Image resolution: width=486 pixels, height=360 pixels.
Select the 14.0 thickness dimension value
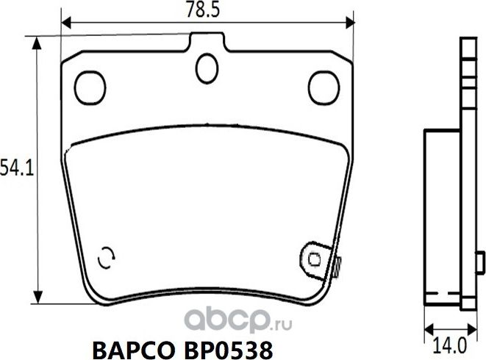coord(447,342)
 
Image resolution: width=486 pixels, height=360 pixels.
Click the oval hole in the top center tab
coord(207,68)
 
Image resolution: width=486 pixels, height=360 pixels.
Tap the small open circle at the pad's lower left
coord(107,256)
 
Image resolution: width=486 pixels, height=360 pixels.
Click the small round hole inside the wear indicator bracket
coord(314,259)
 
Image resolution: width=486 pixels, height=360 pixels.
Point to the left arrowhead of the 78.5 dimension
coord(65,23)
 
